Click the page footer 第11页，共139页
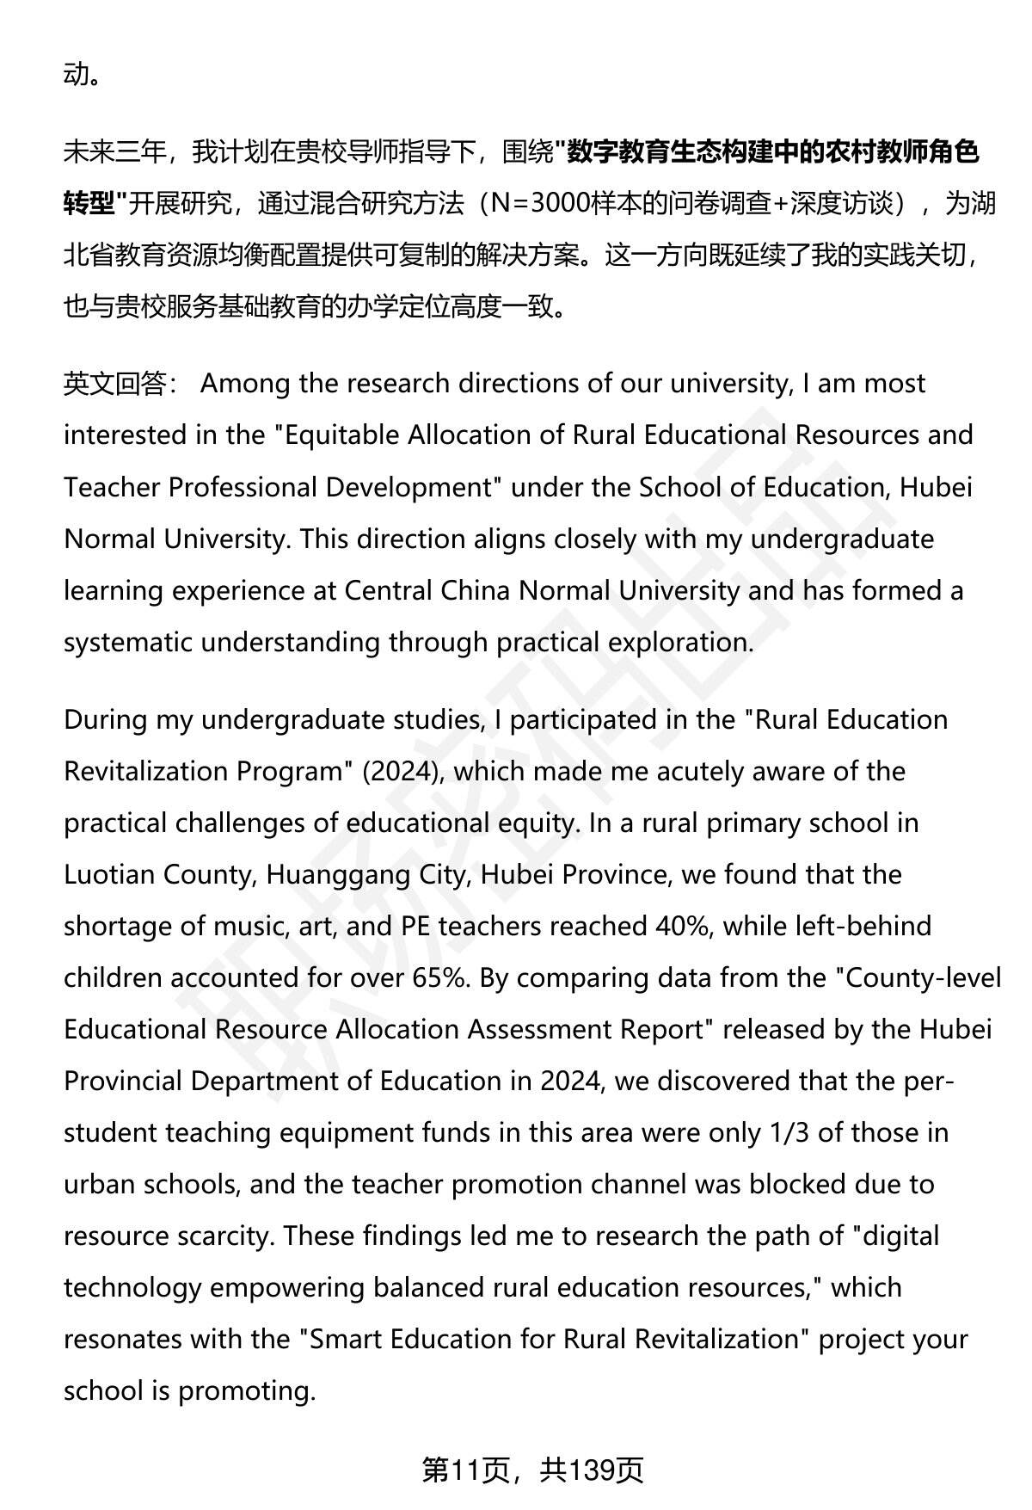533,1470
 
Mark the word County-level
924,977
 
